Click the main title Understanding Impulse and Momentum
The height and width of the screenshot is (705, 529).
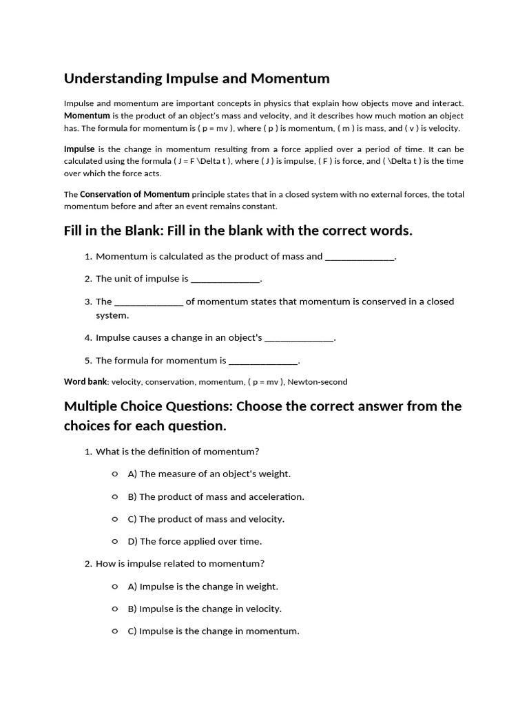click(196, 78)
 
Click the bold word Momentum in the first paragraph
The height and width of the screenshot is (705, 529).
click(87, 116)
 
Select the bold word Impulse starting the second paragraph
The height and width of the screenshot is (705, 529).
click(79, 149)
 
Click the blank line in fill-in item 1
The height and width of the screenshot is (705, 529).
click(360, 257)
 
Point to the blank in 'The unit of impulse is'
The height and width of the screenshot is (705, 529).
click(225, 280)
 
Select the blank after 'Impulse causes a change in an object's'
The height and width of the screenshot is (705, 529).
click(299, 338)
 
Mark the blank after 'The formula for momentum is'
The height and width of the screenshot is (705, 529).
click(263, 361)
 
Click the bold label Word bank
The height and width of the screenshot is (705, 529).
click(85, 381)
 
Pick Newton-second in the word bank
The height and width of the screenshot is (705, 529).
click(318, 381)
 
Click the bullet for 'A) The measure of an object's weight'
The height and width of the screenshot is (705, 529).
click(114, 474)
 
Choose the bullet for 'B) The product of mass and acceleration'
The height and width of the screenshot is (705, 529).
click(114, 496)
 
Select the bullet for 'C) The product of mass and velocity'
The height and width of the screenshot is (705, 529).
click(114, 519)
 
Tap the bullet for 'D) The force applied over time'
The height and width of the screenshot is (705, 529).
click(114, 541)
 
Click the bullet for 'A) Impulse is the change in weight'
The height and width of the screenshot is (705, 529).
click(114, 587)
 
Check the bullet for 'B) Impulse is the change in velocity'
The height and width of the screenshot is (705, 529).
click(114, 609)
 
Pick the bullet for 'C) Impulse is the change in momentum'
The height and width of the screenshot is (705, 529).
click(114, 631)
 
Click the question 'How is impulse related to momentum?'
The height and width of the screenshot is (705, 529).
click(180, 564)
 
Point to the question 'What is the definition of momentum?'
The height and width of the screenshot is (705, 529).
click(177, 452)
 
